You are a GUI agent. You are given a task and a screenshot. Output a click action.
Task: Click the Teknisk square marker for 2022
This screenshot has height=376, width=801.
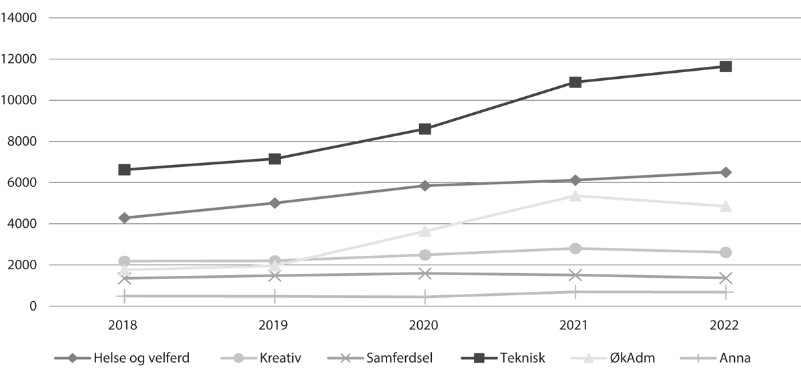point(725,66)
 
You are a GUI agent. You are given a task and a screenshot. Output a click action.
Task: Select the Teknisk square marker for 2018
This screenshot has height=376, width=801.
point(124,170)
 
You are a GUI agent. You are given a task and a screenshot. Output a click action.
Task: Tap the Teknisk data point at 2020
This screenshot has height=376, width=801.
point(425,129)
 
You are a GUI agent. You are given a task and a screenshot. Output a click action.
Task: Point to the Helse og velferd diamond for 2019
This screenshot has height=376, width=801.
point(274,203)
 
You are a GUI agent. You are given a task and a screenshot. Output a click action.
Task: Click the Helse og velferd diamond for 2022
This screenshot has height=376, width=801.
point(725,172)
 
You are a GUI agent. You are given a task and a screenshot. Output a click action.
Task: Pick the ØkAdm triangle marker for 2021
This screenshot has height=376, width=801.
point(575,196)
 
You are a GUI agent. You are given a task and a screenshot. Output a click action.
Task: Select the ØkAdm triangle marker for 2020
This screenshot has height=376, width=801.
point(425,231)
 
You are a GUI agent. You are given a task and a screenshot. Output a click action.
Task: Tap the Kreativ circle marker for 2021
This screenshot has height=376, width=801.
point(575,248)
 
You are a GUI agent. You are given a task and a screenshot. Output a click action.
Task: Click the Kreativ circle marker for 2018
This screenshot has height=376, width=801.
point(124,261)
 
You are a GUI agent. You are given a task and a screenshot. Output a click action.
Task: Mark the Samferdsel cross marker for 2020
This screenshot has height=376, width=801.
point(425,273)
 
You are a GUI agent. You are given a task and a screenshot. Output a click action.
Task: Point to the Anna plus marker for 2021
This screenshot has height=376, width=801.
point(575,292)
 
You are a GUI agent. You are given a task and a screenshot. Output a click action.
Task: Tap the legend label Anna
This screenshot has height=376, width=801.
point(734,358)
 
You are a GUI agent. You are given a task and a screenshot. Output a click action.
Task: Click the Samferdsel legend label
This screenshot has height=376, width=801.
point(398,358)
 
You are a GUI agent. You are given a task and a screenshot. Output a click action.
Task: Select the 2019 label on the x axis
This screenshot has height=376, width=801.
point(274,325)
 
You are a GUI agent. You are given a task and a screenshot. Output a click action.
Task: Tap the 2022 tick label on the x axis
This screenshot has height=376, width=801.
point(725,325)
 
